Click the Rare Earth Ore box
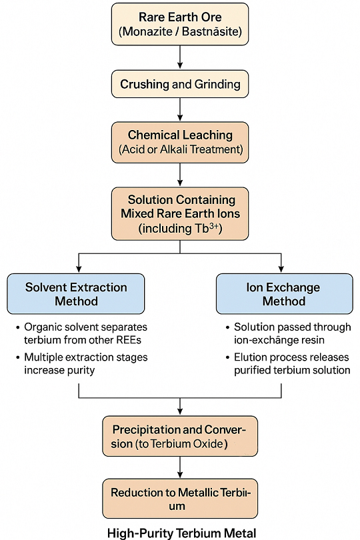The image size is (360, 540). click(x=180, y=24)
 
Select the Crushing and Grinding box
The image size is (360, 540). click(x=180, y=85)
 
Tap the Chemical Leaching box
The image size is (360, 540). click(x=180, y=142)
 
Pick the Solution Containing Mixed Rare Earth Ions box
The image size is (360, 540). click(x=180, y=214)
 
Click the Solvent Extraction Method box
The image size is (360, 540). click(x=76, y=294)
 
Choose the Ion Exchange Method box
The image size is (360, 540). click(x=282, y=294)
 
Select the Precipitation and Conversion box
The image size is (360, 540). click(x=180, y=437)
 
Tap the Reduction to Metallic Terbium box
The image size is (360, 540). click(x=180, y=499)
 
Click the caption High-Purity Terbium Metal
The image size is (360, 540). click(x=180, y=532)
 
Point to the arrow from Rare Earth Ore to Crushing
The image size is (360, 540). click(x=180, y=57)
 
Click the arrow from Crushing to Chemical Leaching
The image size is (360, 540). click(x=180, y=109)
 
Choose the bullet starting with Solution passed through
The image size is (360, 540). click(x=290, y=333)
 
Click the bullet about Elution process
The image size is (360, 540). click(x=290, y=363)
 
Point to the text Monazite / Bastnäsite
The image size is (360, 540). click(x=180, y=31)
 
